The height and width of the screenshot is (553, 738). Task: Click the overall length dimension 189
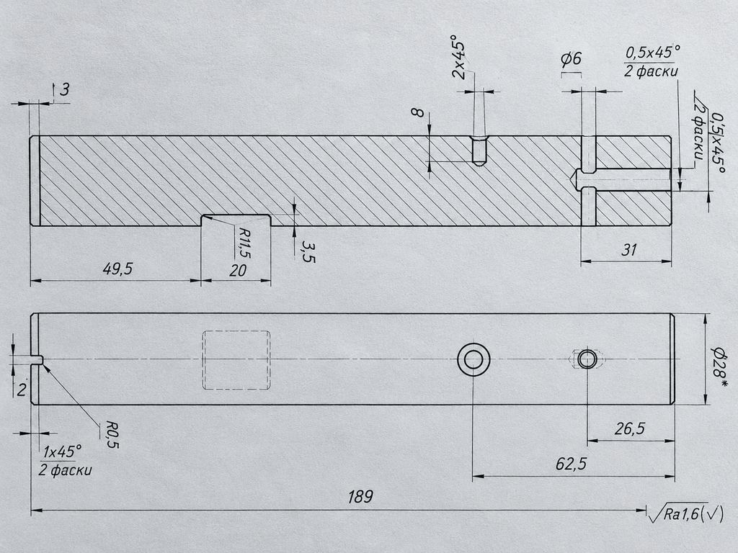[360, 497]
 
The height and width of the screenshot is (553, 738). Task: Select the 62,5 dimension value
[571, 464]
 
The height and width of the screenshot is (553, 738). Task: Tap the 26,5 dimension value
[630, 429]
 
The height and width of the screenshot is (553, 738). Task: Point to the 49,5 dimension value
[117, 269]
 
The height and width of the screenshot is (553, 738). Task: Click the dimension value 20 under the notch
[238, 271]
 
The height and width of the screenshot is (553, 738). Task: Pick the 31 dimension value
[629, 250]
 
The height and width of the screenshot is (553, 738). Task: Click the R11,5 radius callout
[244, 243]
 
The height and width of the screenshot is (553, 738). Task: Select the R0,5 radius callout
[112, 434]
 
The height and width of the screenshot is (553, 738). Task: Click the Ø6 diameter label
[572, 59]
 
